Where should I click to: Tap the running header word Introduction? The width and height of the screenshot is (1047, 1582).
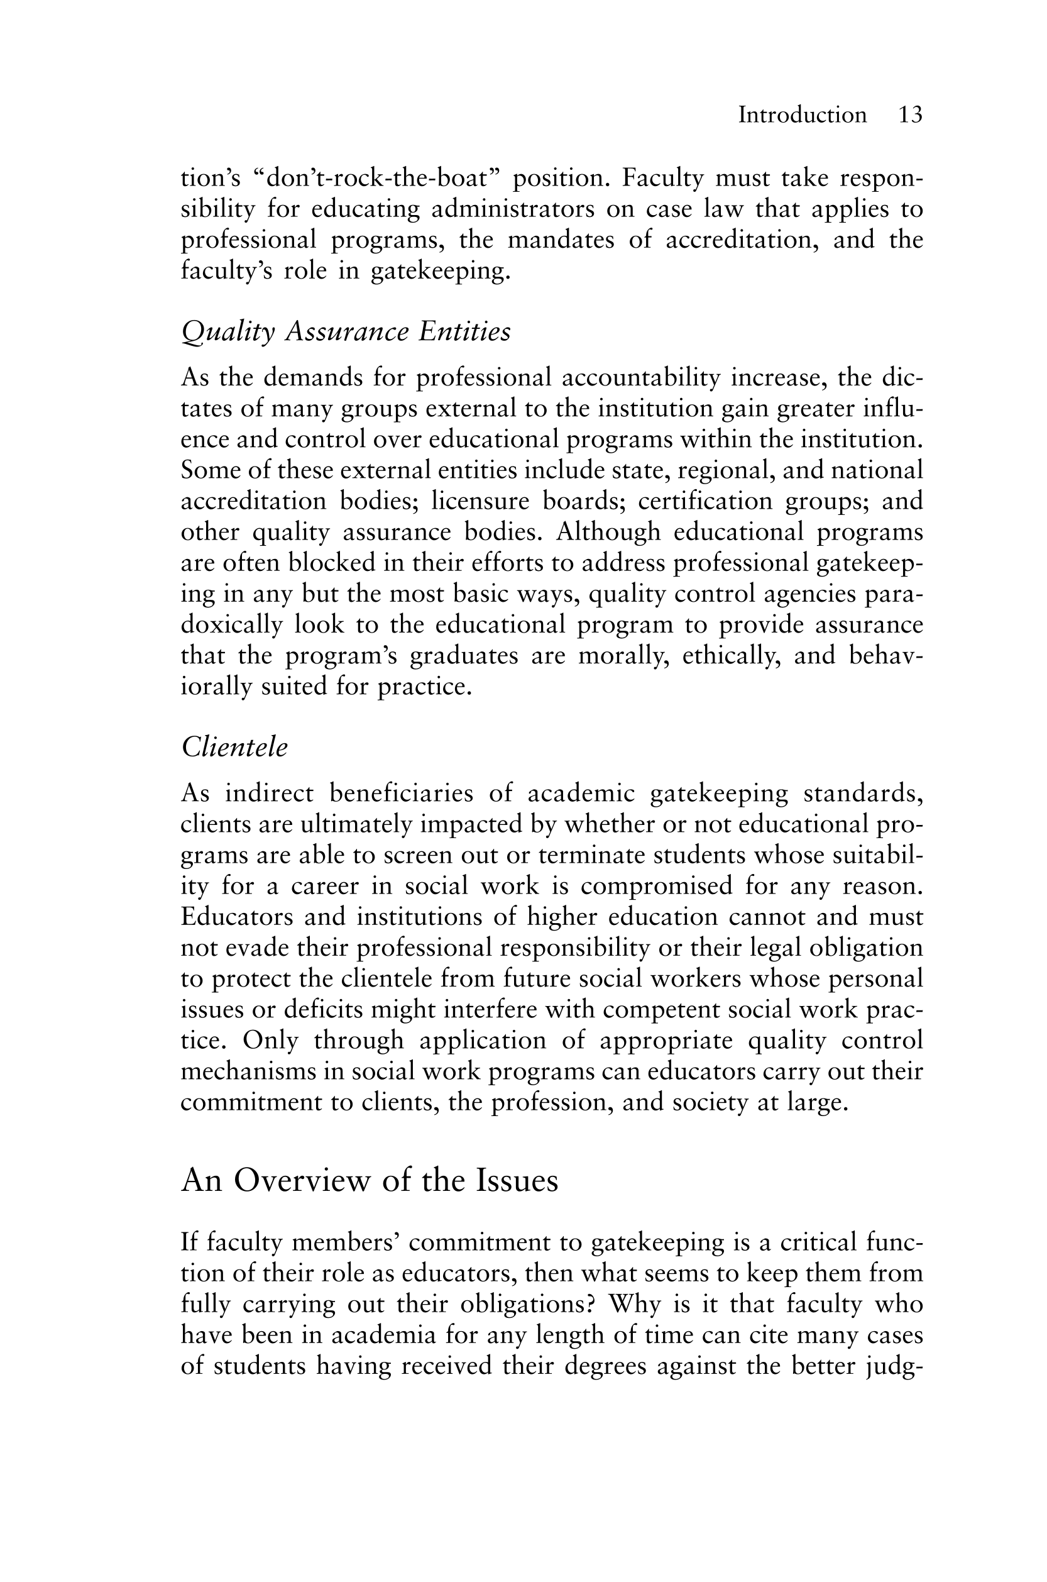[x=802, y=115]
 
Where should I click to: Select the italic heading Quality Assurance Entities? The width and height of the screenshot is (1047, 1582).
[x=346, y=331]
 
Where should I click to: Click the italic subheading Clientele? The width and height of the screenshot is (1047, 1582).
[x=234, y=747]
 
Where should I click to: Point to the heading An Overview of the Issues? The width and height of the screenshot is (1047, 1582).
[x=370, y=1180]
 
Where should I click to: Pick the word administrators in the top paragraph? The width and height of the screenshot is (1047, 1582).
[x=512, y=209]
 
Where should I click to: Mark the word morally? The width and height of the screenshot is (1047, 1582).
[x=623, y=655]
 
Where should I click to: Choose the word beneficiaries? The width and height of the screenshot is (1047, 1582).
[x=402, y=793]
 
